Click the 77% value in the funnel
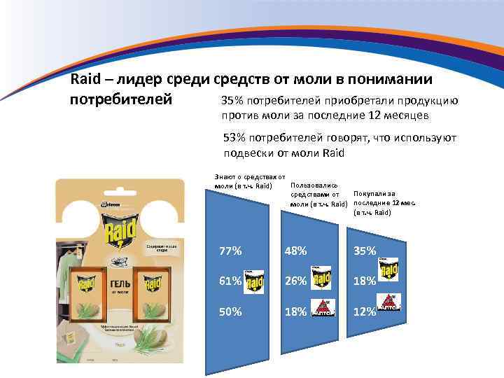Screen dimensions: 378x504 pyautogui.click(x=231, y=251)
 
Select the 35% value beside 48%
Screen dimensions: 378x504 pyautogui.click(x=365, y=251)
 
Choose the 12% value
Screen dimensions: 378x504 pyautogui.click(x=365, y=313)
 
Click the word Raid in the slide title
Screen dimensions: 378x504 pyautogui.click(x=87, y=80)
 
